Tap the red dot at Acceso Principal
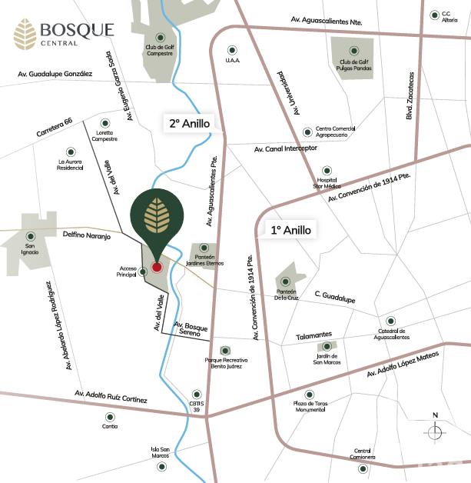[157, 267]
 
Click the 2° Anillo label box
[190, 123]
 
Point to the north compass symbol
[435, 431]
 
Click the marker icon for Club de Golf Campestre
[160, 37]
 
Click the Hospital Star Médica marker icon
[327, 169]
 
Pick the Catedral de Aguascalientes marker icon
[390, 321]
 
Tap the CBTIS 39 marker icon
[197, 392]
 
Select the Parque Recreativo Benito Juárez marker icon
[225, 350]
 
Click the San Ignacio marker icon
[30, 236]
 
